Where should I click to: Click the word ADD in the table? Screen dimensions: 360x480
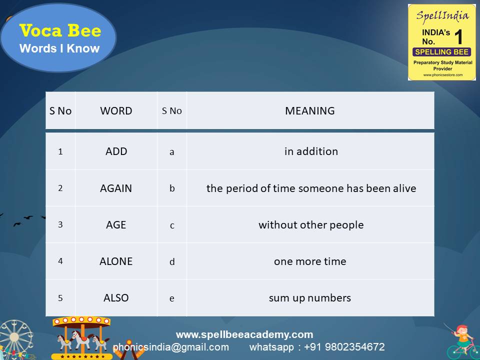pyautogui.click(x=116, y=151)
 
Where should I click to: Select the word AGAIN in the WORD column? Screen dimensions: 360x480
pyautogui.click(x=116, y=188)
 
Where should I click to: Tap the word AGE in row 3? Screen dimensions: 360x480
pyautogui.click(x=116, y=225)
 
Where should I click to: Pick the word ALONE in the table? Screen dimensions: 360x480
pyautogui.click(x=116, y=261)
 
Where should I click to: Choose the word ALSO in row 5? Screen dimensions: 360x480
pyautogui.click(x=116, y=298)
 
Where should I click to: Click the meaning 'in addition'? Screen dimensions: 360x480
pyautogui.click(x=311, y=151)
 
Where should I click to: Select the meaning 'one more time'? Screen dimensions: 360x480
pyautogui.click(x=310, y=261)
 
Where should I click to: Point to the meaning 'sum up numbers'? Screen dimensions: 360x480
pyautogui.click(x=310, y=298)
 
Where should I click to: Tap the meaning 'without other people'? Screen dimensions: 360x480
pyautogui.click(x=311, y=225)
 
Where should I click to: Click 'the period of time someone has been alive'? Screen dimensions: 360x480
pyautogui.click(x=311, y=188)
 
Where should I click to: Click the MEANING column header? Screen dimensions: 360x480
pyautogui.click(x=310, y=111)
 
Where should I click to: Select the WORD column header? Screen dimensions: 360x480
pyautogui.click(x=116, y=111)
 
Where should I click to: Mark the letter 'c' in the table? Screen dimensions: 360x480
pyautogui.click(x=172, y=225)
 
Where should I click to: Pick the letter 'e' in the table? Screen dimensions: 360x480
pyautogui.click(x=172, y=298)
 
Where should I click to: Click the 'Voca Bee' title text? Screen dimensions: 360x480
pyautogui.click(x=60, y=31)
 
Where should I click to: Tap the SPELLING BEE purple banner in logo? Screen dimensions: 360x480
pyautogui.click(x=441, y=52)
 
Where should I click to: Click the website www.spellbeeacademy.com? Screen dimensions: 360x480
pyautogui.click(x=244, y=334)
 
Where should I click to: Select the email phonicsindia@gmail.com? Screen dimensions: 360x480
pyautogui.click(x=171, y=347)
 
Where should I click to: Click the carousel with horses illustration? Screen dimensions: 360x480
pyautogui.click(x=82, y=337)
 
